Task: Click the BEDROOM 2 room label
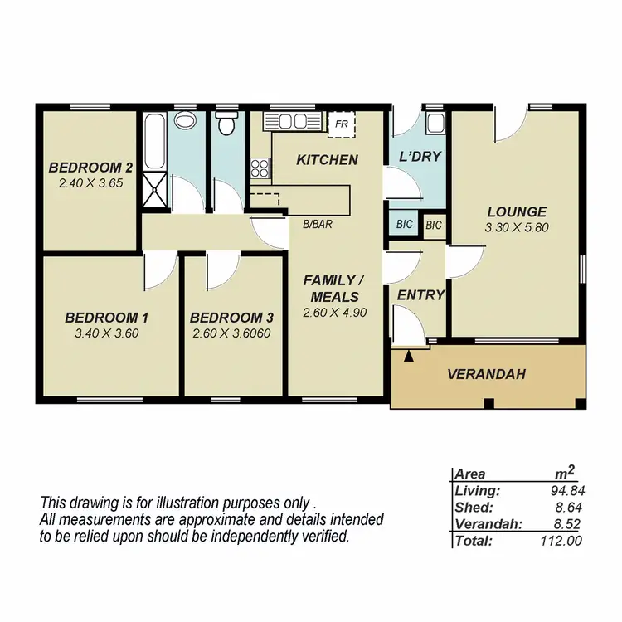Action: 91,164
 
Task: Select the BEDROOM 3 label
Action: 231,318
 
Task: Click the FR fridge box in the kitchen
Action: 341,124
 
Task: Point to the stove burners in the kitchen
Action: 260,168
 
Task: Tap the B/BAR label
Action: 317,223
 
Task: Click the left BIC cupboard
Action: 405,224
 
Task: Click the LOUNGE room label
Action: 517,211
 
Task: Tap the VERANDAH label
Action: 487,374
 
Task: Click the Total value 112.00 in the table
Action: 564,541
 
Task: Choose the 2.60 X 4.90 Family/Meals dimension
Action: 335,313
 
